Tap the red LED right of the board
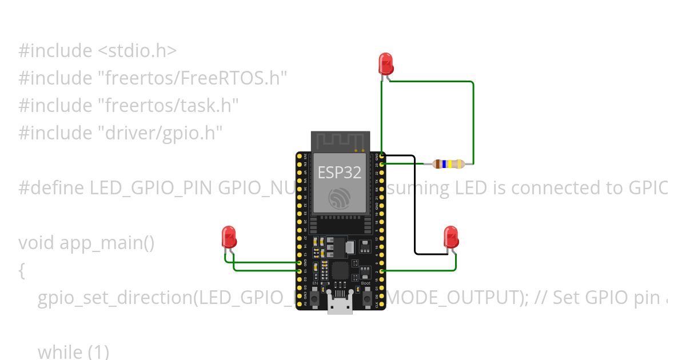click(x=451, y=237)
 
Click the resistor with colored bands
click(x=449, y=164)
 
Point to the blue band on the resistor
click(x=444, y=164)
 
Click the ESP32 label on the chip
click(x=340, y=172)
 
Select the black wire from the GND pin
click(x=414, y=206)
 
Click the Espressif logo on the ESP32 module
click(x=340, y=198)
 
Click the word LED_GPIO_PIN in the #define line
click(x=152, y=188)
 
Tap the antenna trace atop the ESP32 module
click(x=340, y=141)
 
